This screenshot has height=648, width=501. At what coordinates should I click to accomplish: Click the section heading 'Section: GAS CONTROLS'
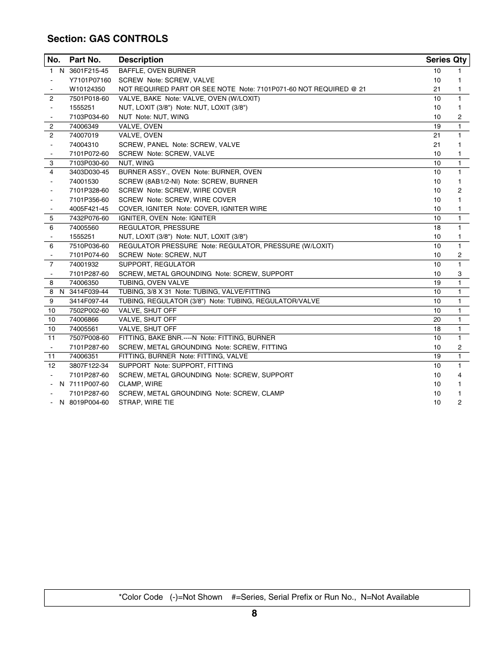coord(108,39)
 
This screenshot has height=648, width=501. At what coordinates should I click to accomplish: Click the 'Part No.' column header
coord(85,60)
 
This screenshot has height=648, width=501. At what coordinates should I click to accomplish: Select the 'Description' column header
coord(141,60)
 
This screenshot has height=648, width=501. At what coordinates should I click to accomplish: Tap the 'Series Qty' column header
coord(446,60)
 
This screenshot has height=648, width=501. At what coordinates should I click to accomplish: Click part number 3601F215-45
coord(89,71)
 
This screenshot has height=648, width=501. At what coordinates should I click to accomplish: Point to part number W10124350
coord(87,89)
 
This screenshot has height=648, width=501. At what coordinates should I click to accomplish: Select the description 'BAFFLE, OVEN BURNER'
coord(157,71)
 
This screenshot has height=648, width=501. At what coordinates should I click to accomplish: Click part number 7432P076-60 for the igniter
coord(89,218)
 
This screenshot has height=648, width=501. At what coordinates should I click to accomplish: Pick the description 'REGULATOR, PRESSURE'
coord(159,228)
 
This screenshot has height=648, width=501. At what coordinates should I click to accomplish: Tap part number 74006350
coord(84,283)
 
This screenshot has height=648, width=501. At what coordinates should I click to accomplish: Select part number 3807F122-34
coord(89,366)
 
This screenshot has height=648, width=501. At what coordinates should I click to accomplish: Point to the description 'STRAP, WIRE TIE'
coord(146,402)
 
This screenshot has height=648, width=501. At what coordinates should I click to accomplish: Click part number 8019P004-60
coord(89,402)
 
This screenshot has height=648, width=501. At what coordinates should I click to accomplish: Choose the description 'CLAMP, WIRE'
coord(140,384)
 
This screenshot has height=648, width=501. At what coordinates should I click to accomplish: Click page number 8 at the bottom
coord(254,614)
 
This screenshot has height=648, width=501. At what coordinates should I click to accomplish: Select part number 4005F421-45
coord(89,209)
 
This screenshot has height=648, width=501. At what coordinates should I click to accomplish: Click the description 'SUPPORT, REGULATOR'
coord(156,264)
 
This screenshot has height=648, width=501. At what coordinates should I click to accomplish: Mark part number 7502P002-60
coord(89,311)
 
